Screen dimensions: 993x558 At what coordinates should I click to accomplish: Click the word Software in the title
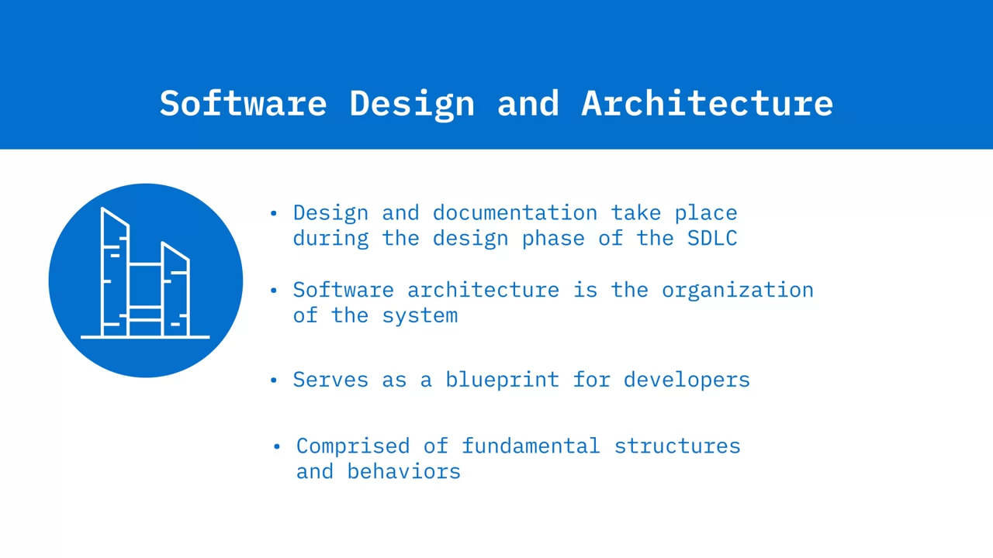[243, 103]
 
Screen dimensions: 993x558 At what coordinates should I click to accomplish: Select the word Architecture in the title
[707, 103]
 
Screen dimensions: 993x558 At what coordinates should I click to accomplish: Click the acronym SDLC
[712, 238]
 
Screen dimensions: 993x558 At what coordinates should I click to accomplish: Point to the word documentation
[515, 212]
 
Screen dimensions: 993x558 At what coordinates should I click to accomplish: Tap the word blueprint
[502, 381]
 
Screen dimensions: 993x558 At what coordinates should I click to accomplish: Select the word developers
[687, 381]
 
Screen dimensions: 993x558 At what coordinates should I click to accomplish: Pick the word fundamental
[531, 446]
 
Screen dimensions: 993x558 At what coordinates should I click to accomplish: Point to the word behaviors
[404, 471]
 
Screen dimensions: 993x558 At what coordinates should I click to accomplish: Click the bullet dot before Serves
[274, 380]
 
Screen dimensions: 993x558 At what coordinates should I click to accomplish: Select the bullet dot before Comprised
[277, 446]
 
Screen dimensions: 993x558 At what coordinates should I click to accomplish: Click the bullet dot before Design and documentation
[274, 213]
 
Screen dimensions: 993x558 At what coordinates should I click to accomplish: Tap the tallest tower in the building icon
[116, 272]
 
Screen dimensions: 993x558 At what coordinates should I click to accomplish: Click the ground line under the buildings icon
[145, 337]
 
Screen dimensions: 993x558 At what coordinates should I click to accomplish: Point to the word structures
[677, 446]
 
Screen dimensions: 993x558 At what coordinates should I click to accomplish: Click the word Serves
[330, 380]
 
